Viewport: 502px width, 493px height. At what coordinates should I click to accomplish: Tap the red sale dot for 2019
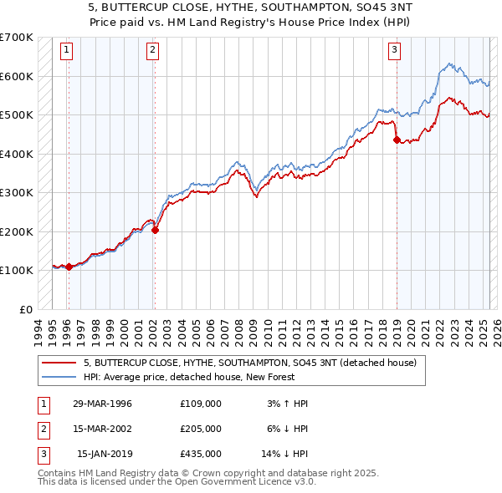397,140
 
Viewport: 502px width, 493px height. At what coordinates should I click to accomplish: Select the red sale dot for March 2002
155,230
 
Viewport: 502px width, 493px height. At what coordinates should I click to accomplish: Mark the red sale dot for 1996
69,267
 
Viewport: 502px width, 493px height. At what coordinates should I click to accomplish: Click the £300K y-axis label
16,193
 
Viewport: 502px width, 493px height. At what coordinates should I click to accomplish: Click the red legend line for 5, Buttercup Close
60,363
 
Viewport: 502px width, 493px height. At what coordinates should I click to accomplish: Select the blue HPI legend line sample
60,377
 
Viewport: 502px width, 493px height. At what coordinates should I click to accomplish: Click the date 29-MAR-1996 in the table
102,404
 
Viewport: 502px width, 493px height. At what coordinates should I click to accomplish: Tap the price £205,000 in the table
201,429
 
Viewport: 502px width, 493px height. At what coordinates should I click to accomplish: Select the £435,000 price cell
201,454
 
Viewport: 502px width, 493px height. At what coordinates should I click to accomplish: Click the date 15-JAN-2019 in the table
104,454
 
